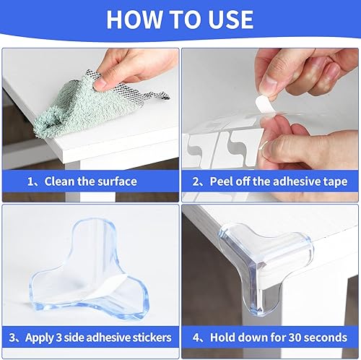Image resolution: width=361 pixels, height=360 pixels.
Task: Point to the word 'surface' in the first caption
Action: (x=116, y=181)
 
